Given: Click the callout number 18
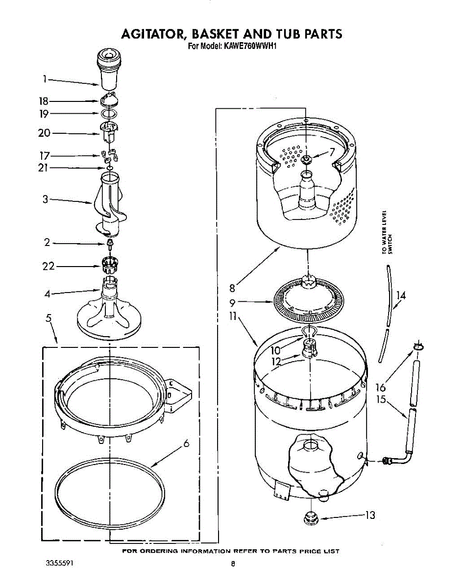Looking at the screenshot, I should (44, 101).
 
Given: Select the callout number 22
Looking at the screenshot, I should (48, 266).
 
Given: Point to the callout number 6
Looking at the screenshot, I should (186, 444).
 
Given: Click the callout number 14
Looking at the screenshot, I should (401, 295).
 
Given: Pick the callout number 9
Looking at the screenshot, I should (233, 303).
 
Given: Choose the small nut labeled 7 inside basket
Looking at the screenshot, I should (307, 159).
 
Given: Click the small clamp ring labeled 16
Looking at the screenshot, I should (417, 347).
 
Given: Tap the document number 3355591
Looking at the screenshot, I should (59, 563).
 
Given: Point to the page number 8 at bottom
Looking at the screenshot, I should (233, 564).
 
